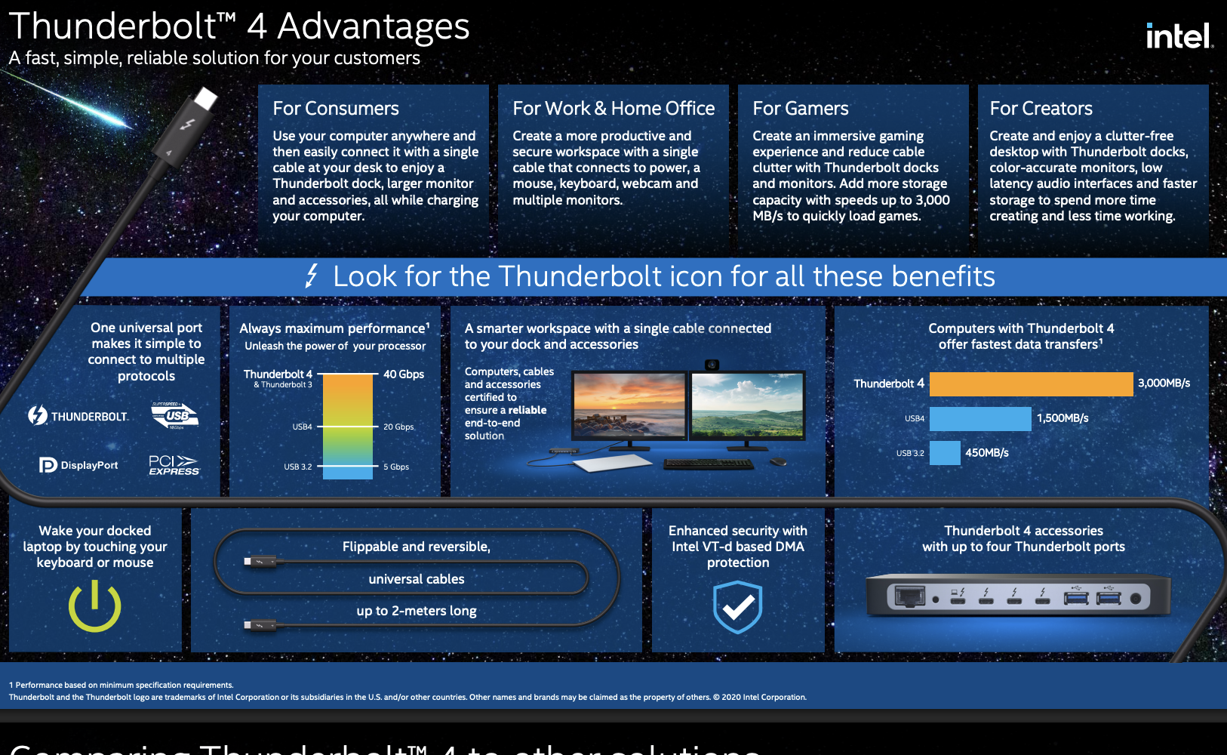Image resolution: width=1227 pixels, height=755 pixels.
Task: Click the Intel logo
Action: click(1179, 35)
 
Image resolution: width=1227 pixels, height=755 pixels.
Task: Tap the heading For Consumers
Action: click(336, 109)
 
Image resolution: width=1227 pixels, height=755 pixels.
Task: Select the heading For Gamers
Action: click(800, 109)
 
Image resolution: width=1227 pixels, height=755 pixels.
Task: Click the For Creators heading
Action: click(1041, 109)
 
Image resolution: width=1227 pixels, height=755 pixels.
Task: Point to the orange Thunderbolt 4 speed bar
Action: click(1031, 384)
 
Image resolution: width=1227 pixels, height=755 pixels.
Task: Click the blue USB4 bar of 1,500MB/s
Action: click(979, 418)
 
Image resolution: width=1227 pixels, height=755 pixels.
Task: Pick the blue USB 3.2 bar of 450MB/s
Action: click(945, 453)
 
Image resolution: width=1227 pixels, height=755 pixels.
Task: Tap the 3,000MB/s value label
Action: click(1164, 384)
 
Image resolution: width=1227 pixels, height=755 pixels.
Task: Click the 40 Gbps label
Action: click(404, 374)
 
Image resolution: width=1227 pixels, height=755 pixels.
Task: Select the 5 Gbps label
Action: click(396, 467)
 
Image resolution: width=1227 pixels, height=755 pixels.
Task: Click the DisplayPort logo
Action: click(78, 465)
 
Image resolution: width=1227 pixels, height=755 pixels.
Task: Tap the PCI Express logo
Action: click(174, 465)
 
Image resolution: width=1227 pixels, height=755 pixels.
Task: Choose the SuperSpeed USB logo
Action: click(175, 415)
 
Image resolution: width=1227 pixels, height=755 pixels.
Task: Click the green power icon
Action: click(95, 606)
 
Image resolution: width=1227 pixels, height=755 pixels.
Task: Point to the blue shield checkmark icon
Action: click(738, 606)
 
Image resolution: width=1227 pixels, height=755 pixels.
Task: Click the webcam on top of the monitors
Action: click(712, 365)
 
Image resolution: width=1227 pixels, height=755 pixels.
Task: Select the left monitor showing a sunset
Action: click(629, 406)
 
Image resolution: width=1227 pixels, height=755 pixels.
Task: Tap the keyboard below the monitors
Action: click(708, 464)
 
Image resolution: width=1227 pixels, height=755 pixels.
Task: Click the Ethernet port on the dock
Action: click(909, 596)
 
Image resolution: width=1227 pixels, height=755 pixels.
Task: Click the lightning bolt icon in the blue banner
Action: click(312, 276)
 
